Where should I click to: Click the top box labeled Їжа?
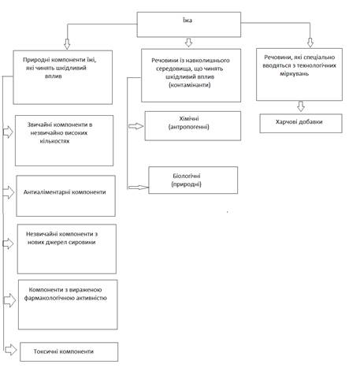pos(189,24)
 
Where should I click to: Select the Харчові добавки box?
pos(301,123)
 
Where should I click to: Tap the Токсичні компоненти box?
pos(69,351)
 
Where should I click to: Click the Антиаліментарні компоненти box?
pos(65,195)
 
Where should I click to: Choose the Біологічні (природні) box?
pos(193,180)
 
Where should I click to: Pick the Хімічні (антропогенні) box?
pos(193,126)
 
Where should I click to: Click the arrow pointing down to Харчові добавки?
pos(301,106)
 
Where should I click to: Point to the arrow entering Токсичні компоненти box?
pos(10,350)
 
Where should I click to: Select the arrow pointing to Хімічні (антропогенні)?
pos(135,126)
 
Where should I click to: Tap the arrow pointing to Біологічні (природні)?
pos(139,188)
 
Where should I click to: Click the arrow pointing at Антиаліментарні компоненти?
pos(9,192)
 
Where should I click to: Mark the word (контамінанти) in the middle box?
pos(190,85)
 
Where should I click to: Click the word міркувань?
pos(294,73)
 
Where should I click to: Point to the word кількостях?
pos(54,141)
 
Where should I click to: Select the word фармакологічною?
pos(50,298)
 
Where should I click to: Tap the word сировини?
pos(82,242)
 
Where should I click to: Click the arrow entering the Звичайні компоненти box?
pos(8,132)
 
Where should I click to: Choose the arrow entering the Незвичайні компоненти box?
pos(8,243)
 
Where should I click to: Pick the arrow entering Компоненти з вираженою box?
pos(10,300)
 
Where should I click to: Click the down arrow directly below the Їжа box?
pos(188,43)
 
